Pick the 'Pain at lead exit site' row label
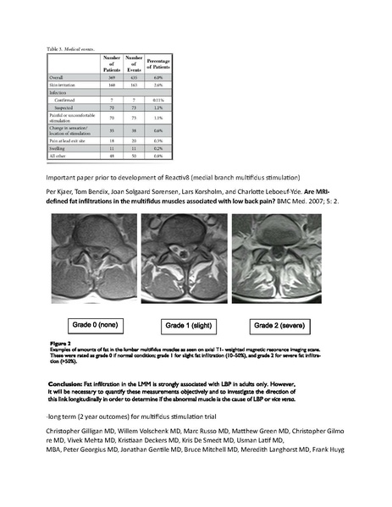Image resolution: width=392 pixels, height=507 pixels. click(x=68, y=142)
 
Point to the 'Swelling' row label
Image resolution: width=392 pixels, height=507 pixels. click(x=58, y=150)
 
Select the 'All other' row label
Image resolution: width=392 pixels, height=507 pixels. click(x=59, y=157)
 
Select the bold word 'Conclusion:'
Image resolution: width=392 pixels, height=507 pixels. click(x=71, y=383)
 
